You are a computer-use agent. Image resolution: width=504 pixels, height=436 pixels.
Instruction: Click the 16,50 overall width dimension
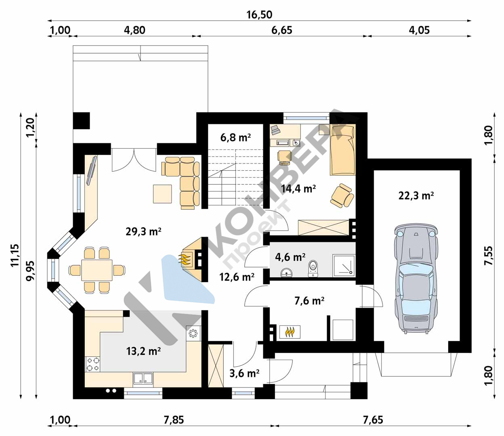(259, 15)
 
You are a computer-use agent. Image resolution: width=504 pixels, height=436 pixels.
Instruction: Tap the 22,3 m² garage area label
(416, 195)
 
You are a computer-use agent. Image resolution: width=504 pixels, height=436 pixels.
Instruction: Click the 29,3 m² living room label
(143, 231)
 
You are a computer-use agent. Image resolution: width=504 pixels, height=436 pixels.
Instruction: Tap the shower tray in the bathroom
(344, 266)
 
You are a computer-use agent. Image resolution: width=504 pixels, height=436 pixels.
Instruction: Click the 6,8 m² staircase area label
(235, 138)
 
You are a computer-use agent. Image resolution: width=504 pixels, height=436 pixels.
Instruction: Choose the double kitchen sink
(143, 379)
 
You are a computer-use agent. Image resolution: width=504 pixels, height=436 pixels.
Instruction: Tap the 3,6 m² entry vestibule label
(244, 373)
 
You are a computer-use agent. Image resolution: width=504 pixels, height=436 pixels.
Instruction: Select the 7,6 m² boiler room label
(309, 301)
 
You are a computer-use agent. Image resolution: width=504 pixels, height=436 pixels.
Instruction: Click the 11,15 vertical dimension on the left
(15, 255)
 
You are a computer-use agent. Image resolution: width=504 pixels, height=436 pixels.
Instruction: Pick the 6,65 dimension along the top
(281, 30)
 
